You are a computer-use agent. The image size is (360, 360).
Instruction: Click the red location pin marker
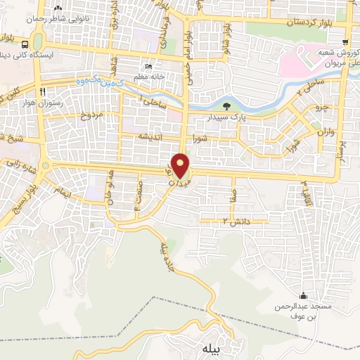[181, 166]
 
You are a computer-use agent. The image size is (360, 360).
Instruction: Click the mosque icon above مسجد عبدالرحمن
[303, 295]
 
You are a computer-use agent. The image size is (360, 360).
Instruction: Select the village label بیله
[212, 349]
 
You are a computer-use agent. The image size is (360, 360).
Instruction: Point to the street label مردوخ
[90, 114]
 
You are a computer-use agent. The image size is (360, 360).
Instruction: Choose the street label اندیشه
[151, 135]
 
